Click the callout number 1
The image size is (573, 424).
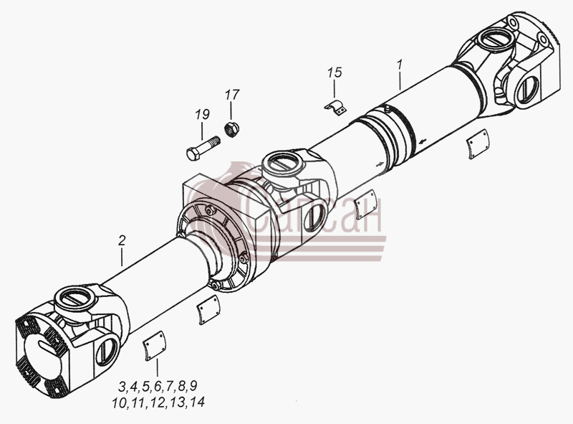[x=400, y=65]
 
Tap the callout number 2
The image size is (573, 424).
[x=122, y=240]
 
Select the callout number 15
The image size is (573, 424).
[x=334, y=72]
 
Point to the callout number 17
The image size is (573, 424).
[x=232, y=95]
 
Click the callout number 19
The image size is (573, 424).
[x=202, y=115]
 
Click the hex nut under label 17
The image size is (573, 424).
[x=231, y=129]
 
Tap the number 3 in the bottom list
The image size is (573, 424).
[x=122, y=386]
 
